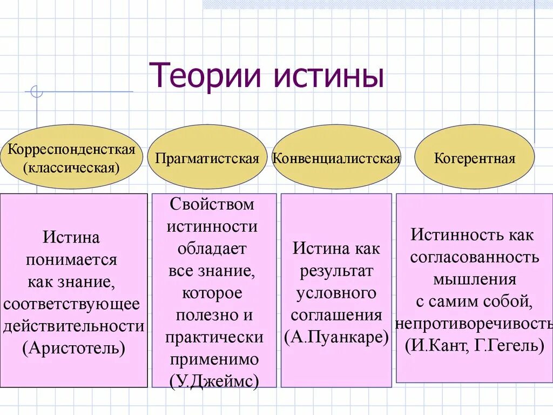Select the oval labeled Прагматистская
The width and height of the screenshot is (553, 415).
point(207,159)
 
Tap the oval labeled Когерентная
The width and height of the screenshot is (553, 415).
point(475,159)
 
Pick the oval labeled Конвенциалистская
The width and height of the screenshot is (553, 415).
point(336,159)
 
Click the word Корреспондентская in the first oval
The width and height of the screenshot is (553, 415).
point(71,150)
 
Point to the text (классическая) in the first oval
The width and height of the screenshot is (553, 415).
point(71,168)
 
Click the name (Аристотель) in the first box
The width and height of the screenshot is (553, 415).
point(74,347)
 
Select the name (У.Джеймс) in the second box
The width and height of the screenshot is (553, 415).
point(214,381)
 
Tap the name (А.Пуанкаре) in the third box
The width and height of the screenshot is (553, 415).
point(336,337)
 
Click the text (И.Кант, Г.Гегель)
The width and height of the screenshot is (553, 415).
point(475,344)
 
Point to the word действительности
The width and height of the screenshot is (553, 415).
point(74,326)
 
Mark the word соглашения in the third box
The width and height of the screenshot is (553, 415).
point(336,316)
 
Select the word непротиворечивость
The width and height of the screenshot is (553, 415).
point(475,323)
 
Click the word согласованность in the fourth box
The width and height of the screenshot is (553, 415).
point(475,257)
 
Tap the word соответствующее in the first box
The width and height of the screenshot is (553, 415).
point(72,304)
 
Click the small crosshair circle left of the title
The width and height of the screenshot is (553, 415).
point(37,92)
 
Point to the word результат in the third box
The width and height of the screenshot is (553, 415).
point(336,271)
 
